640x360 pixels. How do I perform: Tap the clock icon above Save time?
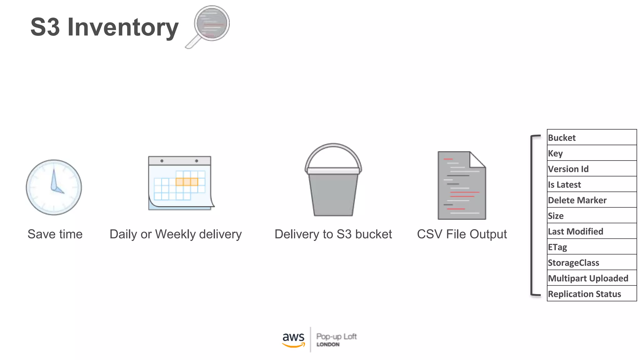(54, 187)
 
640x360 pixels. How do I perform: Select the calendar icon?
(181, 183)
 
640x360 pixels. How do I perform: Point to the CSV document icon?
(462, 186)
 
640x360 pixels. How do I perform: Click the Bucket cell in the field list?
(592, 137)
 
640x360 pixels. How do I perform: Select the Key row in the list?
(592, 153)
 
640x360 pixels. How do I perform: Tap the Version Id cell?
(592, 169)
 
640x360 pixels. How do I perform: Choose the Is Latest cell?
(592, 184)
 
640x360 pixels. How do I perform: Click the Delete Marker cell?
(592, 200)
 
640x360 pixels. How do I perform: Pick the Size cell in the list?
(592, 216)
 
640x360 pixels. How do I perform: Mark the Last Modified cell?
(592, 231)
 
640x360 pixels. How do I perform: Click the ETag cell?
(592, 247)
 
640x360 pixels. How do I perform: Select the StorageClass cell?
(592, 262)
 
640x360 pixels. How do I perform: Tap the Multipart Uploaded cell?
(592, 278)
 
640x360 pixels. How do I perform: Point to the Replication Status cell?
(592, 294)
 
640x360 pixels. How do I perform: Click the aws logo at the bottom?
(293, 339)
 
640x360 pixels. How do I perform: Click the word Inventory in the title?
(123, 27)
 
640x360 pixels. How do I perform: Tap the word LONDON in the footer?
(328, 344)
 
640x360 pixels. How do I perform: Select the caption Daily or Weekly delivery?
(176, 234)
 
